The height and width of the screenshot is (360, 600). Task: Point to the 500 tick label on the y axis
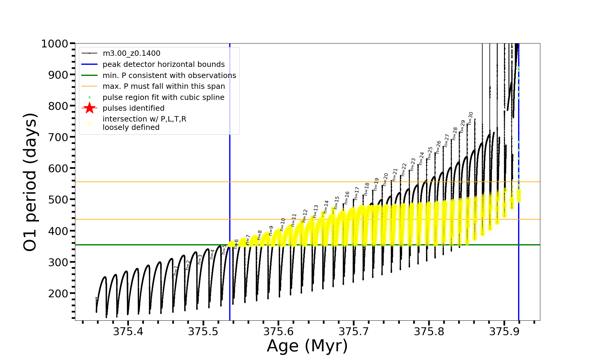[x=58, y=199]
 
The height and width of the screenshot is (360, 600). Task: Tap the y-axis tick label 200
[x=58, y=293]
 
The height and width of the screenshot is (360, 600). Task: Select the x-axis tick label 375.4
[x=128, y=331]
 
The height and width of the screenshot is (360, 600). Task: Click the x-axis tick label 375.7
[x=354, y=331]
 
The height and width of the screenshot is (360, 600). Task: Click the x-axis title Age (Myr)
[x=307, y=346]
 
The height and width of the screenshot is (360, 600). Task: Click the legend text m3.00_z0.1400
[x=131, y=53]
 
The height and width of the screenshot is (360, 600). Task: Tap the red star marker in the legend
[x=89, y=108]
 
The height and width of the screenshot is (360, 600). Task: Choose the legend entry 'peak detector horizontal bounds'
[x=163, y=64]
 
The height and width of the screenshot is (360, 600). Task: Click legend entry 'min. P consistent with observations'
[x=169, y=76]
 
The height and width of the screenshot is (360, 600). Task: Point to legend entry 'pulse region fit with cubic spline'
[x=163, y=97]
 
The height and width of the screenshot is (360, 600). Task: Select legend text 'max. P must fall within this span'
[x=163, y=86]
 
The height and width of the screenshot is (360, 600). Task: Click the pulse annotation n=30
[x=470, y=118]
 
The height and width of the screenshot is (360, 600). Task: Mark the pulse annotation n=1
[x=176, y=271]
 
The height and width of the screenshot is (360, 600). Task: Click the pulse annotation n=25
[x=430, y=153]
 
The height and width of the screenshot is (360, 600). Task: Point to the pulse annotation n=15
[x=337, y=202]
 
